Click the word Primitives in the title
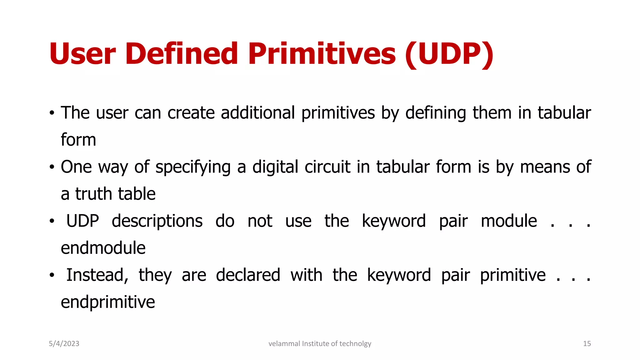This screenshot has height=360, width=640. click(322, 54)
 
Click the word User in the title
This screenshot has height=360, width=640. click(82, 54)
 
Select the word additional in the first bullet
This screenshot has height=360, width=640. click(258, 113)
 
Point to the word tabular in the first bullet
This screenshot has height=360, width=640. click(564, 113)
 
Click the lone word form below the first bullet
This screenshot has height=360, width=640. click(78, 140)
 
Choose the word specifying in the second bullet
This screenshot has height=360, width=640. click(193, 167)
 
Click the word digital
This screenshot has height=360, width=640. click(275, 167)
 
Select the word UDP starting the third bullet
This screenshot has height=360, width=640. click(82, 221)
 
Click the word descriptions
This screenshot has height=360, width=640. click(157, 222)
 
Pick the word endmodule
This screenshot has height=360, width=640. click(103, 248)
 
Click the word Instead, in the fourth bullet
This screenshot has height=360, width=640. click(97, 275)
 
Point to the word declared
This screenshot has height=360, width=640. click(248, 275)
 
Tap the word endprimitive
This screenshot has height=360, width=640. click(108, 302)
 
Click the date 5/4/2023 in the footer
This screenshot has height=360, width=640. click(64, 344)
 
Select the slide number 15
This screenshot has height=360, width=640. click(587, 344)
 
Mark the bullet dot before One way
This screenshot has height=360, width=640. click(52, 167)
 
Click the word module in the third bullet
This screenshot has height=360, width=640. click(509, 221)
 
